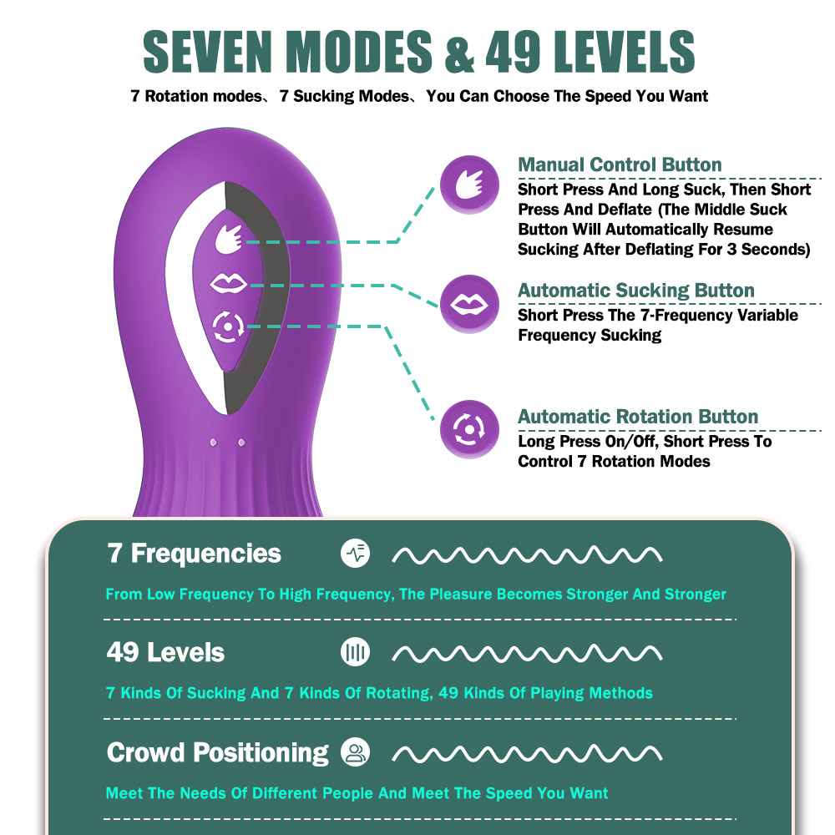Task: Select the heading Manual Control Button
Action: click(620, 164)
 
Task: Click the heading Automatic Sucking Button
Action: click(635, 291)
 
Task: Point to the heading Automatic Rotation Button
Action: click(638, 417)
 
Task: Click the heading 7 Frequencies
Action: click(195, 554)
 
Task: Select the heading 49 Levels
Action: click(165, 652)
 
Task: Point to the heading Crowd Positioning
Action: click(217, 752)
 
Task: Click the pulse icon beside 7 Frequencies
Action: click(355, 554)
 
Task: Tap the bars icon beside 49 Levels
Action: click(355, 653)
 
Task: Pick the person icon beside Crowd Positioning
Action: click(355, 753)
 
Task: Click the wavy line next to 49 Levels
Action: click(527, 653)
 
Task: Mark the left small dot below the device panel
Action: click(213, 441)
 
